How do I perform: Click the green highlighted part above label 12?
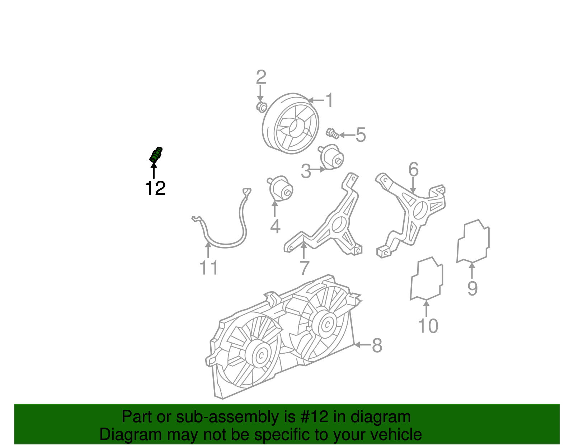tap(156, 155)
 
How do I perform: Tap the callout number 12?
tap(155, 188)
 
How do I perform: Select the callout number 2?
tap(261, 77)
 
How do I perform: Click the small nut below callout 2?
tap(262, 107)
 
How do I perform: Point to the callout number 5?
tap(361, 135)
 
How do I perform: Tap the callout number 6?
tap(413, 169)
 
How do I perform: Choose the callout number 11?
tap(209, 268)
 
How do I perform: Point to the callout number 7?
tap(304, 268)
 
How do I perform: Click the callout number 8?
tap(377, 345)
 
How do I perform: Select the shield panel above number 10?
tap(427, 279)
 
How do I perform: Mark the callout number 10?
tap(428, 326)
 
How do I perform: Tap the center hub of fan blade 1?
tap(296, 127)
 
